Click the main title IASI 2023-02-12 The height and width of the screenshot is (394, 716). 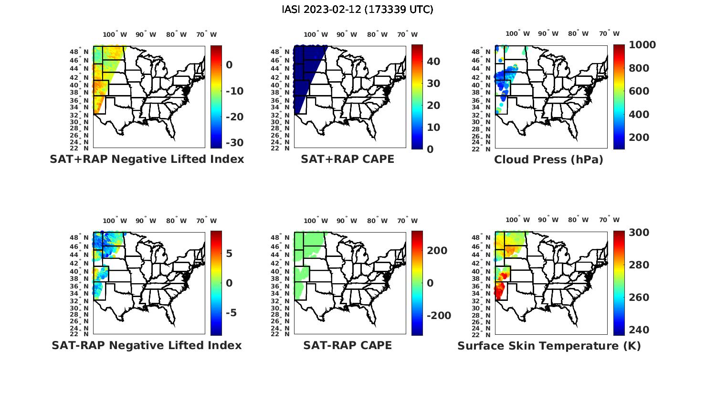[358, 10]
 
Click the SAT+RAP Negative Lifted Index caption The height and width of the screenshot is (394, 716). [147, 159]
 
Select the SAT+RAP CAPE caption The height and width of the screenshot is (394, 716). [347, 159]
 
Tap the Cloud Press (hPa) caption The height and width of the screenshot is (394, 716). [548, 160]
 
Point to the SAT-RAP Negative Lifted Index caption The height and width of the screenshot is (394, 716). [147, 345]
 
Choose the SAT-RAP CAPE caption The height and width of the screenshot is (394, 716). [347, 345]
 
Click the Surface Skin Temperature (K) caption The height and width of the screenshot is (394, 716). [549, 346]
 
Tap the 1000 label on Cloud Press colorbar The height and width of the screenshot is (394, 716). [642, 45]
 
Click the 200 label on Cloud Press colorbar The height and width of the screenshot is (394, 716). [639, 138]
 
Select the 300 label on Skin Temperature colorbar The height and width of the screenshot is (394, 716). [639, 233]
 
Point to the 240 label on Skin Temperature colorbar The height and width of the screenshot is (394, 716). [639, 330]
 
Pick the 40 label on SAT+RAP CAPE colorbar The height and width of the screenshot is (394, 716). [433, 62]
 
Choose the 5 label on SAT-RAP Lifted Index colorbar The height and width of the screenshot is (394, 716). [229, 253]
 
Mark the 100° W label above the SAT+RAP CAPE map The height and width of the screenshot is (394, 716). [316, 34]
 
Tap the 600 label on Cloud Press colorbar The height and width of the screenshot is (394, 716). [639, 91]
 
